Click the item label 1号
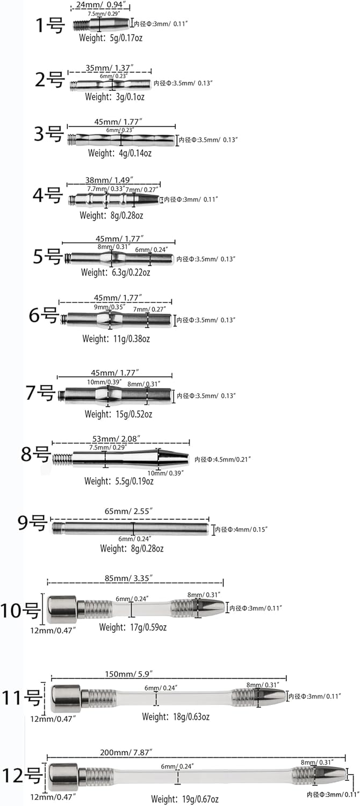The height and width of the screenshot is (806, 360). coord(50,25)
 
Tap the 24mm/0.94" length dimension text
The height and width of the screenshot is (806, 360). coord(100,5)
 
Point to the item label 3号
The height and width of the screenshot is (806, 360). coord(48,133)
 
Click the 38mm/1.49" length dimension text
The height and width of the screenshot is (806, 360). coord(109,180)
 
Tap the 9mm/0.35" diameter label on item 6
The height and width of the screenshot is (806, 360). coord(109,307)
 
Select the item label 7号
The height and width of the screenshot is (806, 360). coord(40,392)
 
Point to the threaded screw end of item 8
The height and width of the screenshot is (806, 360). coord(62,459)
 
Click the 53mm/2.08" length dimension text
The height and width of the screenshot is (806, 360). coord(116,438)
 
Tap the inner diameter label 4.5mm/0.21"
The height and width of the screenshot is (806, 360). coord(222,459)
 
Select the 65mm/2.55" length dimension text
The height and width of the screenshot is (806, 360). coord(128,511)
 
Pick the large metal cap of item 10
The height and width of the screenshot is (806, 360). coord(62,610)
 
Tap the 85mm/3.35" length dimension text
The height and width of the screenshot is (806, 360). coord(128,578)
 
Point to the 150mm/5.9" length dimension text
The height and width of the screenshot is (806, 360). coord(129,674)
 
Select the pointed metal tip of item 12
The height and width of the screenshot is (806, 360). coord(330,774)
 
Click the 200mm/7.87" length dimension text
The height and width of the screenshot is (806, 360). coord(126,752)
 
